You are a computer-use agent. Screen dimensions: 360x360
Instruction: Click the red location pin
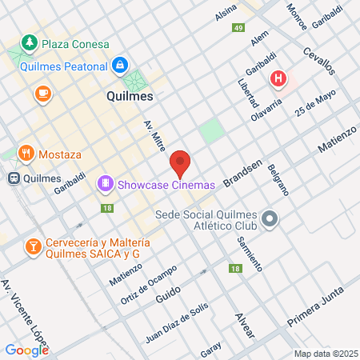180,163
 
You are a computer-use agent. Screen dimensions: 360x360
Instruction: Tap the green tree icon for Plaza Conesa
30,41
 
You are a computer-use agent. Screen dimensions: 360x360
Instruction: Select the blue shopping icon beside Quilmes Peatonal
119,64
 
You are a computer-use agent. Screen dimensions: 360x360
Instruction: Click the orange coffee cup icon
41,94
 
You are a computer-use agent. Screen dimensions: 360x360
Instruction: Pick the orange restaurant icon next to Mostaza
26,152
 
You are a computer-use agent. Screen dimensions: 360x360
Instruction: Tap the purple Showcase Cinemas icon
105,185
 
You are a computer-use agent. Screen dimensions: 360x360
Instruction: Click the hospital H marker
278,78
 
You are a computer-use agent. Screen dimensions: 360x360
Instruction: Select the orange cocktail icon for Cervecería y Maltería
33,246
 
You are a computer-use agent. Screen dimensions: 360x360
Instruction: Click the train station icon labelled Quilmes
14,178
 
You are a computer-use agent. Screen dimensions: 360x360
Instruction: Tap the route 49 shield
238,28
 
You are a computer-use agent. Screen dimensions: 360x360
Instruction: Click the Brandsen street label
242,173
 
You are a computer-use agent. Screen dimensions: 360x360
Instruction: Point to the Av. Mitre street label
154,139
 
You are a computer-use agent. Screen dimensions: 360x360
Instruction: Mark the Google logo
26,350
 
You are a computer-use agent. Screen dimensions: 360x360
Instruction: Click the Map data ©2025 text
325,353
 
